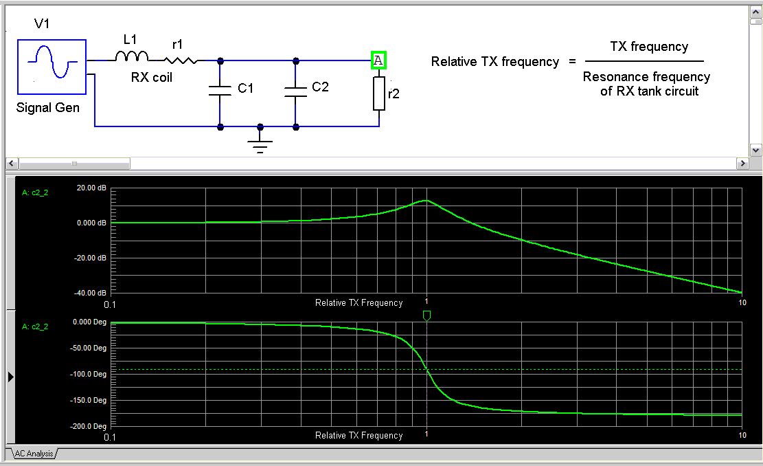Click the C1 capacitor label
(x=246, y=89)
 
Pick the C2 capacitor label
(x=321, y=87)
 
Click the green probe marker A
(x=378, y=60)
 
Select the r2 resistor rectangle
(x=379, y=93)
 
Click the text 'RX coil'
(x=152, y=78)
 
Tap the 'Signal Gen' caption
(x=48, y=108)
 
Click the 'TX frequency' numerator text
(x=649, y=47)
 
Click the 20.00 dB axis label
(x=91, y=188)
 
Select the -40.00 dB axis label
(x=91, y=293)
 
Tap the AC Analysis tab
(x=31, y=454)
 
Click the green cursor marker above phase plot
(x=426, y=315)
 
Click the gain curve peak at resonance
(x=426, y=201)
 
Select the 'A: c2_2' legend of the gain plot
(x=35, y=193)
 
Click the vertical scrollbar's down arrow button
(x=756, y=150)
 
